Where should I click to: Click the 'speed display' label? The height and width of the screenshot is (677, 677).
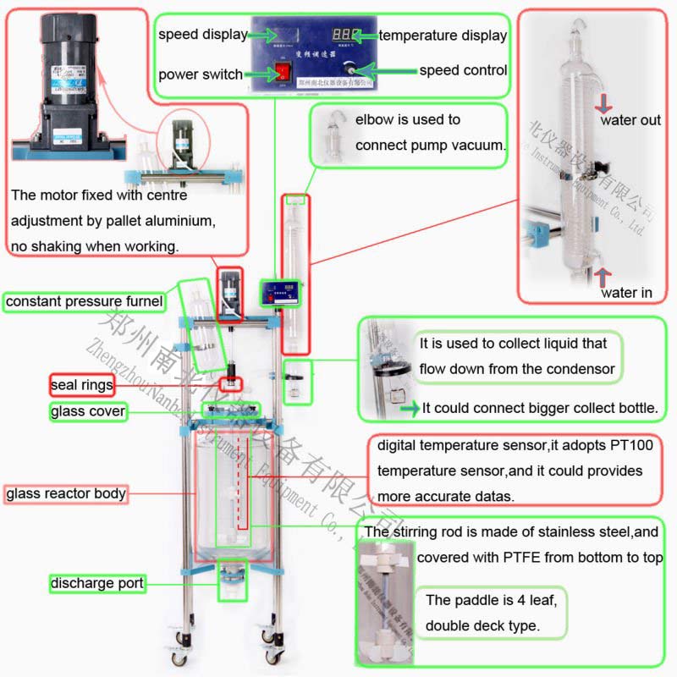coord(203,35)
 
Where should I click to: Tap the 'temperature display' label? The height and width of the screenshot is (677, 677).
coord(443,36)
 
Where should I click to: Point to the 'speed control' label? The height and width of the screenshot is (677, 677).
coord(463,70)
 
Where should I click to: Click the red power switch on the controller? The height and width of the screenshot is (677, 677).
coord(280,73)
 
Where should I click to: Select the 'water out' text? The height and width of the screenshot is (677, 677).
coord(630,120)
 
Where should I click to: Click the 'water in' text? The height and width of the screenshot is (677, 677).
coord(626,293)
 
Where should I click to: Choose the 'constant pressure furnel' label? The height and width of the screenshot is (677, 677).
coord(84,301)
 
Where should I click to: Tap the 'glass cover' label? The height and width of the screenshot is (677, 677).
coord(88,412)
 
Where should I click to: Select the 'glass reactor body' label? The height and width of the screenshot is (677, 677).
coord(66,493)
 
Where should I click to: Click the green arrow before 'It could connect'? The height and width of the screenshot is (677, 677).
coord(410,409)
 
